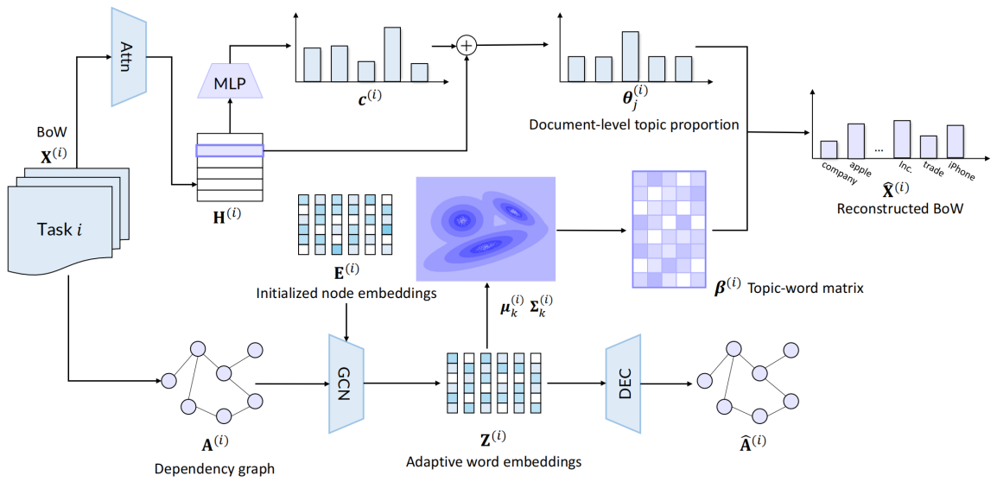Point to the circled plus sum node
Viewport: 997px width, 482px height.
(x=467, y=46)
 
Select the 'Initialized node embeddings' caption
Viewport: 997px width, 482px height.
(x=345, y=294)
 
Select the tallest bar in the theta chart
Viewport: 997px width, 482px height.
(x=630, y=55)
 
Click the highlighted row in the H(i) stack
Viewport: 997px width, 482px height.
(x=229, y=150)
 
